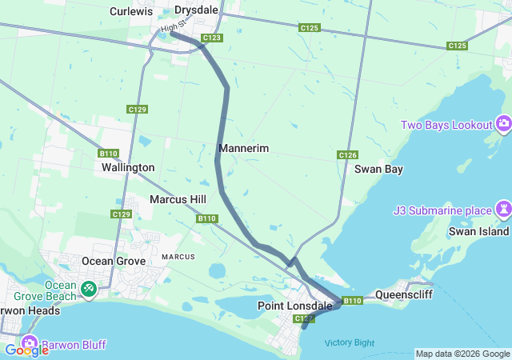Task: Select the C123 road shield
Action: (x=212, y=38)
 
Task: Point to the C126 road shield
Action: (x=347, y=155)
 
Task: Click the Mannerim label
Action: (x=243, y=149)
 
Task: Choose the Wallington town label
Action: (x=128, y=167)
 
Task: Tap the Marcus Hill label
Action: (x=178, y=199)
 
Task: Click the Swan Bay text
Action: (x=378, y=169)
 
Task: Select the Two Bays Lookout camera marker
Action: (x=504, y=124)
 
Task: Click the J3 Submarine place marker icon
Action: (x=503, y=210)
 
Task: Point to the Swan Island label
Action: (x=485, y=231)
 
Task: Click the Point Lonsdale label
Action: (x=289, y=306)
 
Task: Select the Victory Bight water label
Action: (x=349, y=342)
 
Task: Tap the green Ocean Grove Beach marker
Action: (x=89, y=286)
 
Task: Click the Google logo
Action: (x=26, y=350)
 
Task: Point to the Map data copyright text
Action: (x=462, y=354)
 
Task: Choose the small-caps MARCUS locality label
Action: (x=178, y=257)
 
